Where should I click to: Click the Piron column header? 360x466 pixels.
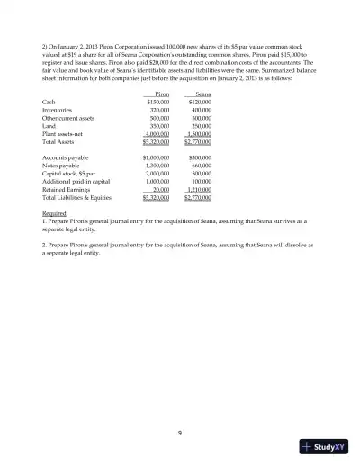(x=162, y=94)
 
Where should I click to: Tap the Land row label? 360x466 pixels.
(x=49, y=126)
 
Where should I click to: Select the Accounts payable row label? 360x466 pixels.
(x=64, y=157)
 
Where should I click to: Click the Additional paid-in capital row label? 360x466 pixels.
(x=76, y=182)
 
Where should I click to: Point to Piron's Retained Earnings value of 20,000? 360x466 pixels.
(x=161, y=190)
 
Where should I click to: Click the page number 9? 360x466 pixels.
(x=180, y=433)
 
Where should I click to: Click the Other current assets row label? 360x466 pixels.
(x=68, y=118)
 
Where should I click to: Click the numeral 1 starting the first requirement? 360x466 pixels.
(x=44, y=220)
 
